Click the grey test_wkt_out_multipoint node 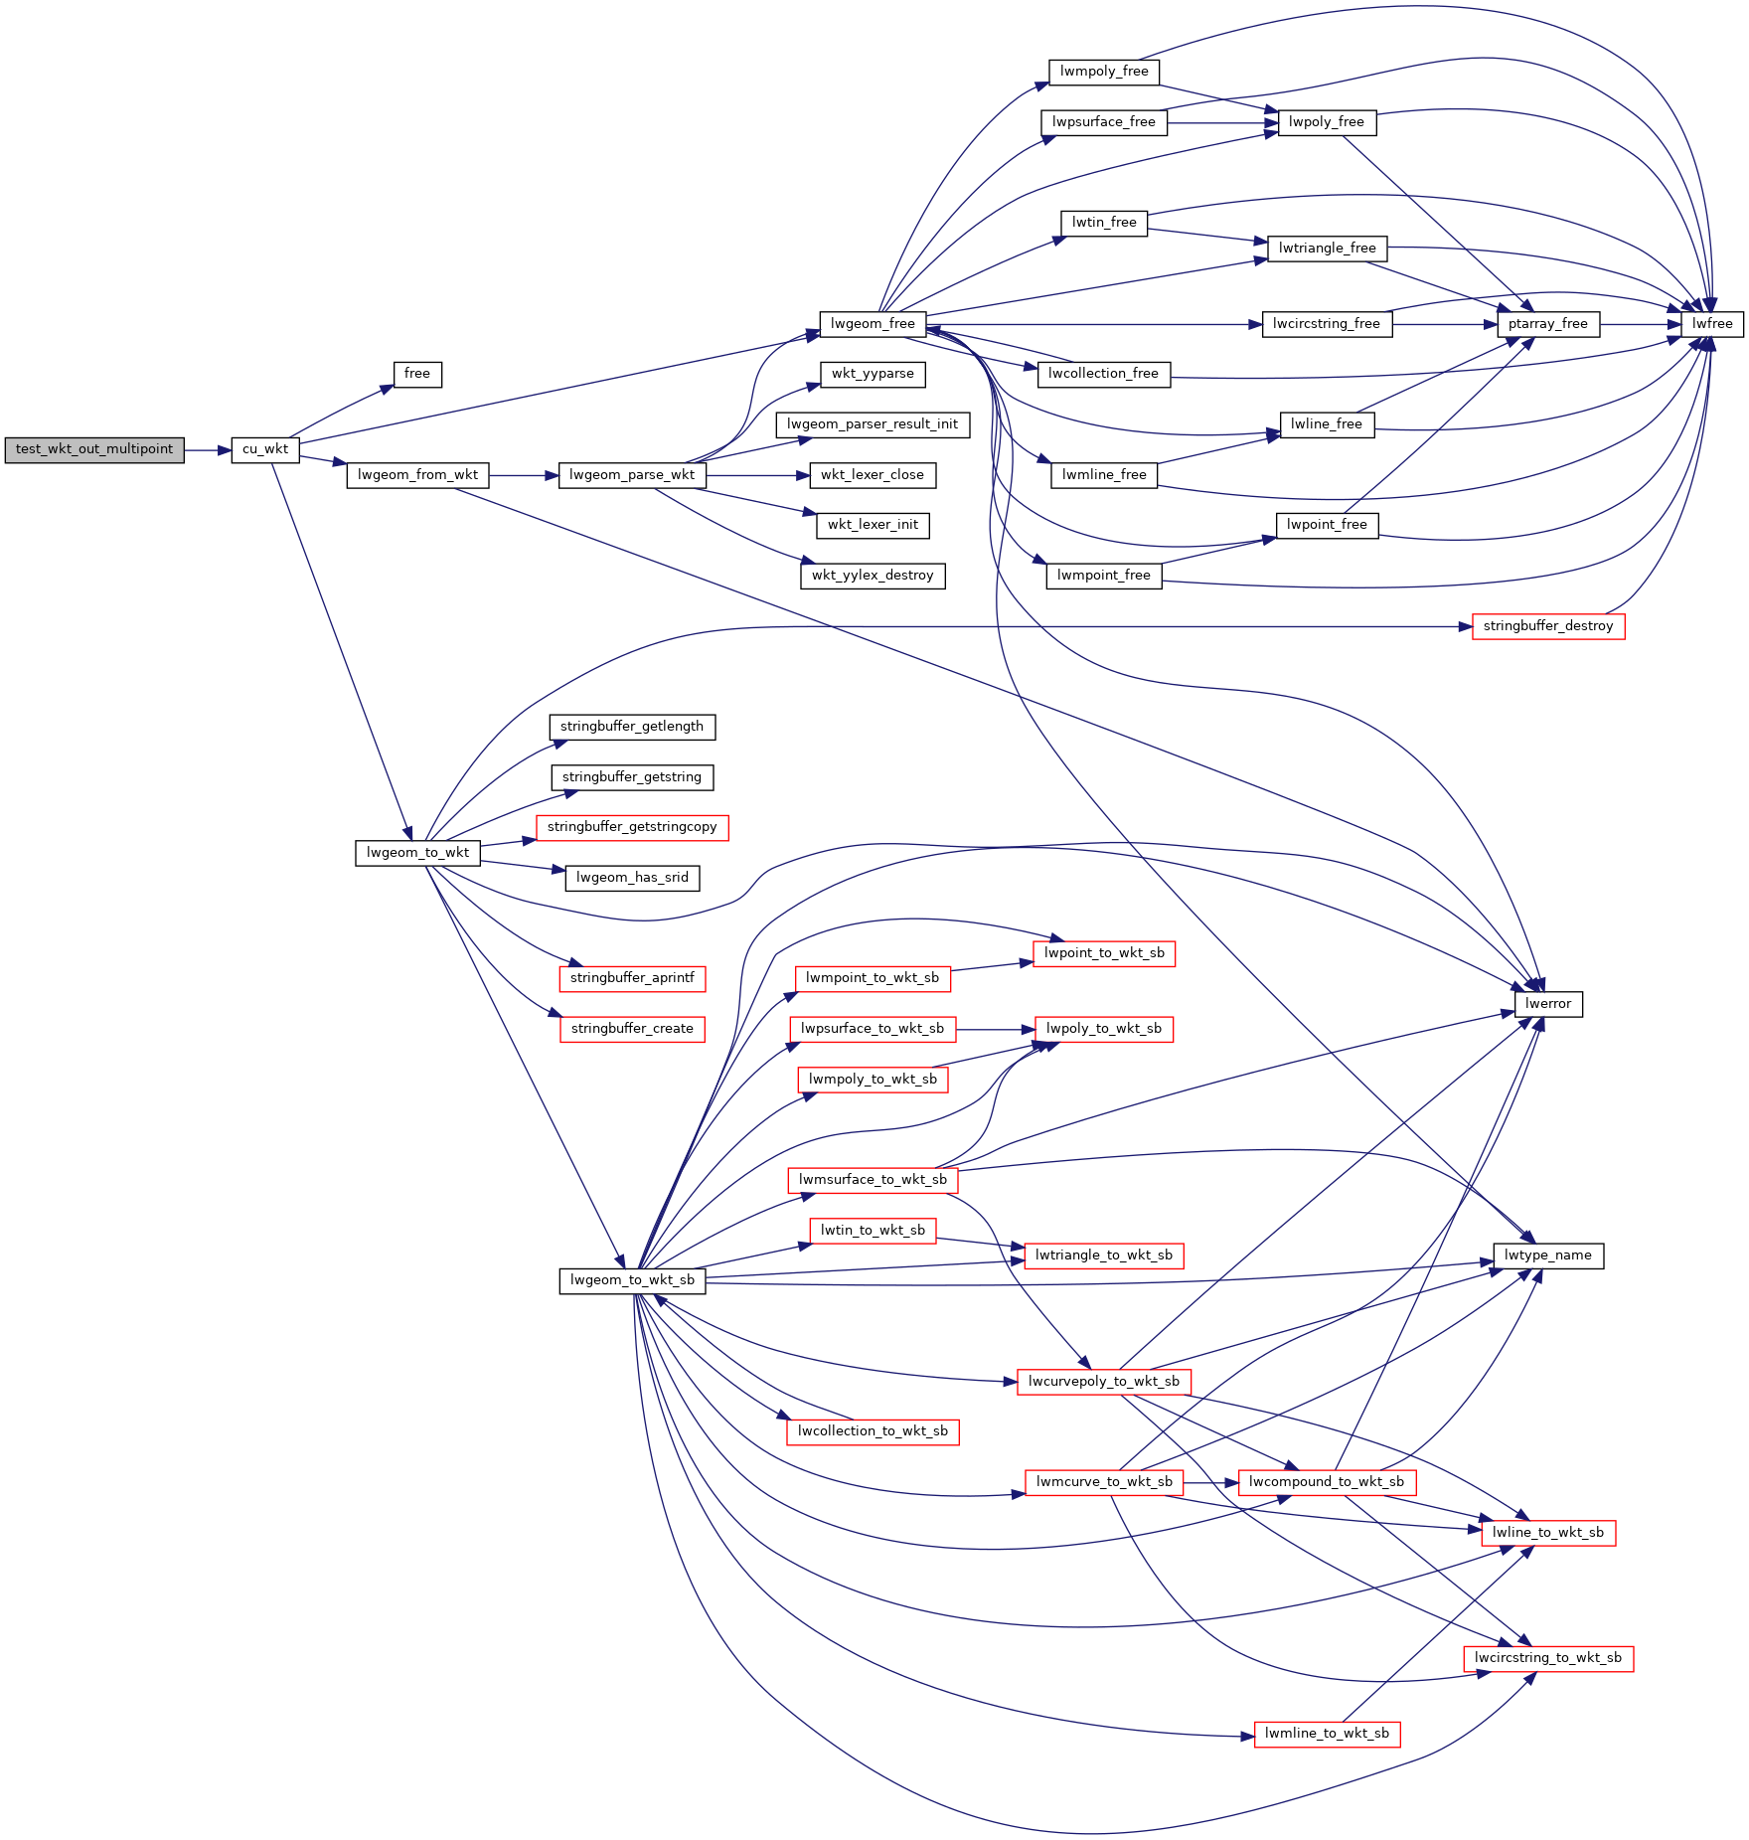tap(94, 449)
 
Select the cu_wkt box tap(265, 449)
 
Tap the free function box tap(417, 374)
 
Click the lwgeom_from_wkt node tap(417, 475)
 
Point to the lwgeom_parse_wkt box tap(632, 475)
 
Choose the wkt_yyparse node tap(873, 374)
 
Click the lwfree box tap(1712, 324)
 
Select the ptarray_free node tap(1548, 324)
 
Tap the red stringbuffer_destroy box tap(1548, 626)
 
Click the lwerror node tap(1548, 1004)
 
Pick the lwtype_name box tap(1548, 1255)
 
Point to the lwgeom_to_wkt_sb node tap(632, 1280)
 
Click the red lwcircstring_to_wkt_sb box tap(1548, 1658)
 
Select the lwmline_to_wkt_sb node tap(1327, 1734)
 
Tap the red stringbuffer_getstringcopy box tap(632, 827)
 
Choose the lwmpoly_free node tap(1104, 72)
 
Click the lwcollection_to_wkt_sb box tap(873, 1431)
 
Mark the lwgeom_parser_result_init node tap(873, 424)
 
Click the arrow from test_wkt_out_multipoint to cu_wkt tap(208, 450)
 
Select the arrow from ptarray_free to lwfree tap(1641, 324)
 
